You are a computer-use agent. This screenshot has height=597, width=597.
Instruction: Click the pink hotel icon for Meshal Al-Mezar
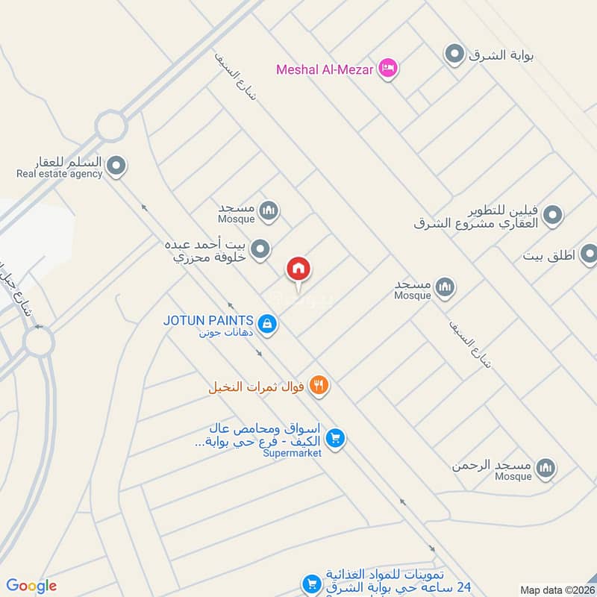tap(388, 69)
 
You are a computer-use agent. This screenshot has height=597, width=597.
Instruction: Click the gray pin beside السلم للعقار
tap(116, 166)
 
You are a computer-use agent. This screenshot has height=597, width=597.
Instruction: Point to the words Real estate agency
tap(59, 174)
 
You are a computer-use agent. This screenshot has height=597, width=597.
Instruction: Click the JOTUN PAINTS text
tap(208, 319)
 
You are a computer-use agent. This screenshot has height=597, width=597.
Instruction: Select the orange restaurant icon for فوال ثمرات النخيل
tap(319, 386)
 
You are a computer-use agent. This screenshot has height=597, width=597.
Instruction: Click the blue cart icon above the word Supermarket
tap(336, 438)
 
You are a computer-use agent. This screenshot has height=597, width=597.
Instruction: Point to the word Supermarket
tap(292, 453)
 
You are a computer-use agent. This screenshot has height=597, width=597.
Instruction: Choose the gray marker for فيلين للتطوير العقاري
tap(552, 216)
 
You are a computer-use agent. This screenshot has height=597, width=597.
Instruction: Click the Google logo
tap(31, 586)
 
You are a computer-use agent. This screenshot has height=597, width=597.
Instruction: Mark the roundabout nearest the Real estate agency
tap(110, 125)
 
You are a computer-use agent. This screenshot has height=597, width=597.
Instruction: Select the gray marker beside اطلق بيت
tap(590, 255)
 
